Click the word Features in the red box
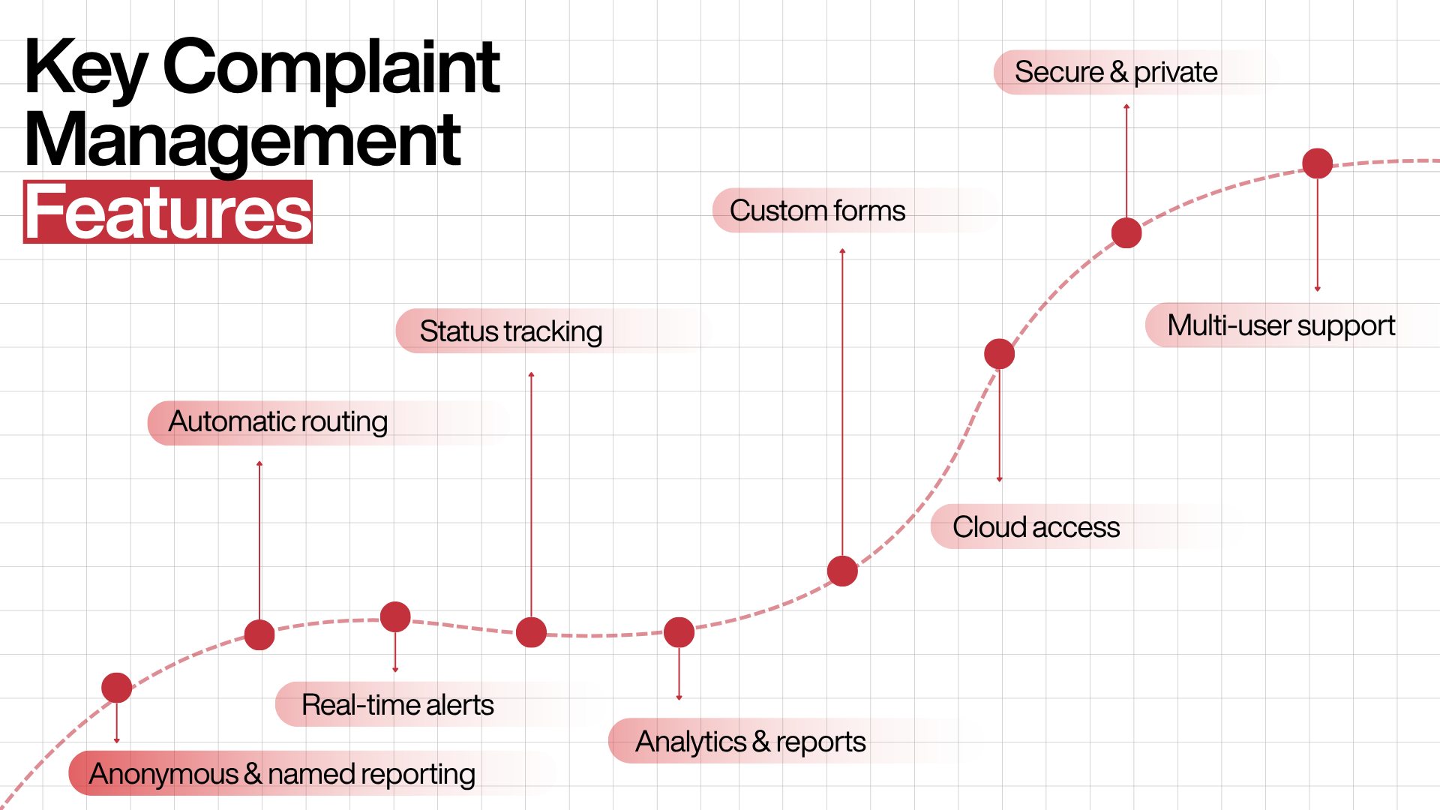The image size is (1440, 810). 168,213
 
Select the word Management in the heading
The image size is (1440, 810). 242,141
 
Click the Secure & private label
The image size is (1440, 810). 1116,72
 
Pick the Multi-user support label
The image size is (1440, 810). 1281,325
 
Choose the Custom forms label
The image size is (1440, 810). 817,211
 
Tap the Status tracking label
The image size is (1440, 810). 511,331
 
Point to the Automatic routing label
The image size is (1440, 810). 278,422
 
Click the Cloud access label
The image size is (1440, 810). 1036,527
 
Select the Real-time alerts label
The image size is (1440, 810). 397,705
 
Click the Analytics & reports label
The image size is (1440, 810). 751,742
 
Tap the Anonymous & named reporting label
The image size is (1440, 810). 282,774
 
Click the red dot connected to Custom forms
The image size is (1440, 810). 842,571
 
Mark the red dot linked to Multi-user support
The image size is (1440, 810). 1317,163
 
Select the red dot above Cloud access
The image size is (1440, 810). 999,354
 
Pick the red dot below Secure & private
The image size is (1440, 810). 1126,233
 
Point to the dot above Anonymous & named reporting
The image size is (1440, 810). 116,688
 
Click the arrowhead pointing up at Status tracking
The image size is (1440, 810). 531,373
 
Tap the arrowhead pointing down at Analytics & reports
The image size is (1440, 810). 679,697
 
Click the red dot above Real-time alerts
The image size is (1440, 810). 395,617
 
